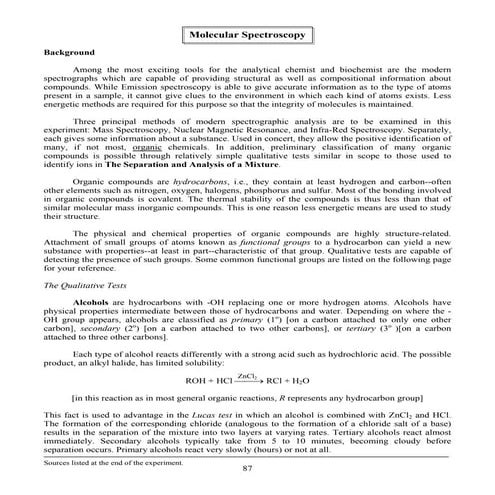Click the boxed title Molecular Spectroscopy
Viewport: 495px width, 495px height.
247,35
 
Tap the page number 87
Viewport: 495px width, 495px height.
247,468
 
